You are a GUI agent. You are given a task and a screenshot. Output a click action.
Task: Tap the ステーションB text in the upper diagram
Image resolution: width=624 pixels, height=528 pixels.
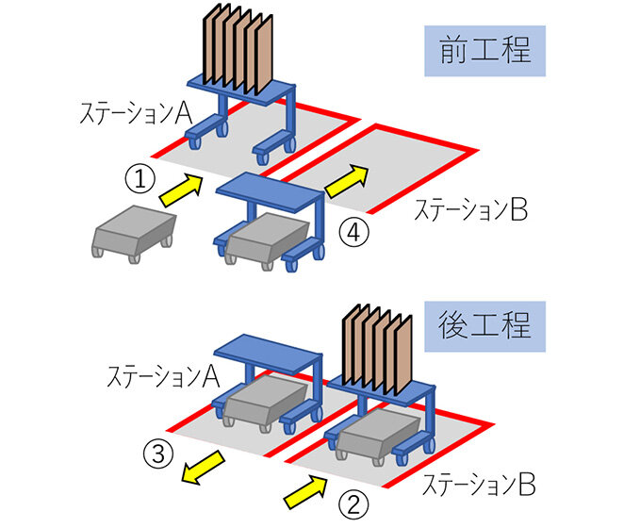click(470, 211)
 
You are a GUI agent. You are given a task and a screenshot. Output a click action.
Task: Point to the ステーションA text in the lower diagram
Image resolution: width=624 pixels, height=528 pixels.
click(164, 377)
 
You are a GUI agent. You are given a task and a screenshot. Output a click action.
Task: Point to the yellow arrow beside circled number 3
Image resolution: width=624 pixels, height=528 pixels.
click(207, 465)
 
